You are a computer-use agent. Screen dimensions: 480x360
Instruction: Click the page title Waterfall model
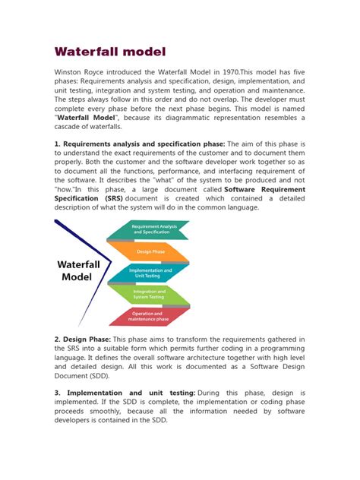click(x=111, y=52)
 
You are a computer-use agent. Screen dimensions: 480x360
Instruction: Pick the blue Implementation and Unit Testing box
click(x=150, y=273)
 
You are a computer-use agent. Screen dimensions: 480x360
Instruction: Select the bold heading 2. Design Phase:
click(x=82, y=339)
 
